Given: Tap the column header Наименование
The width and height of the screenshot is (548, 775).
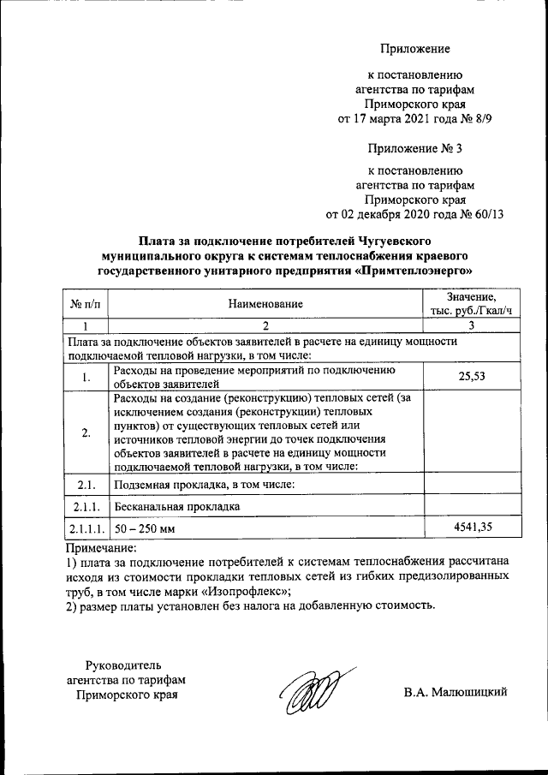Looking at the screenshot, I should [265, 304].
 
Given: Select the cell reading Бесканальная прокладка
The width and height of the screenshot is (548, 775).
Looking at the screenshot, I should [177, 507].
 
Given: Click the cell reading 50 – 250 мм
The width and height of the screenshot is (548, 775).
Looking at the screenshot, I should [144, 528].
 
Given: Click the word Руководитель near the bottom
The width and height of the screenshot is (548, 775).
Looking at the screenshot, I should [127, 665].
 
